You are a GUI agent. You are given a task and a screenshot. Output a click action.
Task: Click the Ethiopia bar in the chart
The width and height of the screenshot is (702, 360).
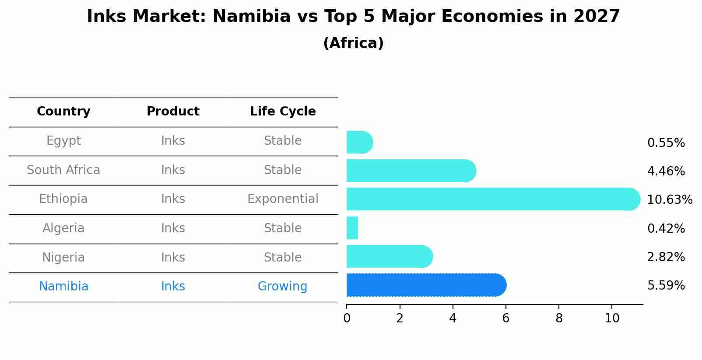coord(493,199)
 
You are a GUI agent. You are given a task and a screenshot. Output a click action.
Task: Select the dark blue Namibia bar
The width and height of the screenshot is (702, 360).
coord(426,285)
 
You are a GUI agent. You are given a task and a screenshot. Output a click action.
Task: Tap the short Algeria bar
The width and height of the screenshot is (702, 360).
coord(352,228)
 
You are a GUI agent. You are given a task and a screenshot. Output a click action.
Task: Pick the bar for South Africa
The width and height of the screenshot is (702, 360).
coord(411,171)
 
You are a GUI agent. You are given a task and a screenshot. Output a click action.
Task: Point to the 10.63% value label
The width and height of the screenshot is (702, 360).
coord(670,200)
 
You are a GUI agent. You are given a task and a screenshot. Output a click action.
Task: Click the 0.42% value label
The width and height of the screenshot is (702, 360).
coord(666,228)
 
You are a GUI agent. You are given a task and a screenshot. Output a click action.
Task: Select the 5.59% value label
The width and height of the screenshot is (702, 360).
coord(666,286)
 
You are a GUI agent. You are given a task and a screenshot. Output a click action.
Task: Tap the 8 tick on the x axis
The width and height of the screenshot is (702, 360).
coord(559,318)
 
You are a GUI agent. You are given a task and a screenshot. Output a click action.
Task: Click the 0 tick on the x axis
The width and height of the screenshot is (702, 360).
coord(347,318)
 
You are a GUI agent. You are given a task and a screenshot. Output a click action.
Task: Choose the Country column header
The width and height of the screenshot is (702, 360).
coord(63,112)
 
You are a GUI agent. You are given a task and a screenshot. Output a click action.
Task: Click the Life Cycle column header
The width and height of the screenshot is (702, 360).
coord(283,112)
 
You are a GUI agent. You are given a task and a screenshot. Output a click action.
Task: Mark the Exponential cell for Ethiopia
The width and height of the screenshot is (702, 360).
coord(283,199)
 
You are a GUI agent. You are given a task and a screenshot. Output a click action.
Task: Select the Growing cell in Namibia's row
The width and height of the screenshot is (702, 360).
coord(282,287)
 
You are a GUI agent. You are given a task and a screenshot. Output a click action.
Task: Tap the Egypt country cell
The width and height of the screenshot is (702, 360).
coord(63,141)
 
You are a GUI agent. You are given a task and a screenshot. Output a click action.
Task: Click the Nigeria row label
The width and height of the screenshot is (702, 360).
coord(63,257)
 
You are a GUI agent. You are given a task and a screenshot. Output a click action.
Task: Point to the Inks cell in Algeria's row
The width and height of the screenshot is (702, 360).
coord(173,228)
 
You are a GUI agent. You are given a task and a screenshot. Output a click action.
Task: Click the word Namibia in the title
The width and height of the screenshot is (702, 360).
coord(252,17)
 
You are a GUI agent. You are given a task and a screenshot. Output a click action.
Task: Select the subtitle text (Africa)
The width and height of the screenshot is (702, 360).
coord(353,43)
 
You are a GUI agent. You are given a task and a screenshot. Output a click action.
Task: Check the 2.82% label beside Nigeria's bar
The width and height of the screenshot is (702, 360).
coord(666,257)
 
